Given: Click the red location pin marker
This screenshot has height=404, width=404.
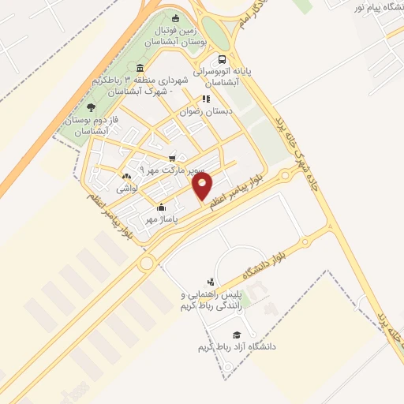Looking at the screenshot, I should click(x=203, y=186).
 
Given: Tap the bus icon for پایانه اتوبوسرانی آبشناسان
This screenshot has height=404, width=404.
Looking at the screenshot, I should click(x=223, y=59).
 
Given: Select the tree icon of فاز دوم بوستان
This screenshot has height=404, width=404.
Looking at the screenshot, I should click(x=91, y=107).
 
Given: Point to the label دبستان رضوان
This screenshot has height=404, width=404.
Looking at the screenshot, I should click(x=208, y=111).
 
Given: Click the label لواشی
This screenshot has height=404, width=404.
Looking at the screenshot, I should click(x=127, y=189).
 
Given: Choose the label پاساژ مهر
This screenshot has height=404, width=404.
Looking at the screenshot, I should click(x=162, y=219).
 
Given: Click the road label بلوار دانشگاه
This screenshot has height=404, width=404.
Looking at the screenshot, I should click(x=283, y=260).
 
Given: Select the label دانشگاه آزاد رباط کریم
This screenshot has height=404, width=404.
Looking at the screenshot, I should click(x=236, y=346).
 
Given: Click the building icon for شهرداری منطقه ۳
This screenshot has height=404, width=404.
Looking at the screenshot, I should click(x=140, y=67).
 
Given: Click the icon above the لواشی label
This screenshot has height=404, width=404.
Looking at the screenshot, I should click(x=127, y=177).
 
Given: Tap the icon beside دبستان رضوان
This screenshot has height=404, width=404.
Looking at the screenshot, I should click(x=205, y=99).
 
